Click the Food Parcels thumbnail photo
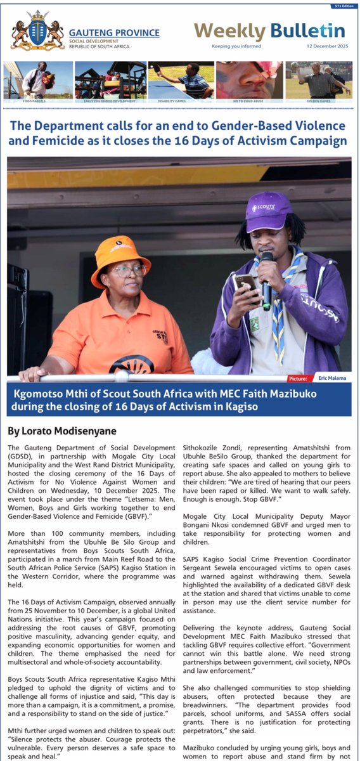tap(38, 79)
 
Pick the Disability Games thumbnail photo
tap(181, 79)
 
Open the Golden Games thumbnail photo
tap(319, 79)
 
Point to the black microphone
tap(267, 279)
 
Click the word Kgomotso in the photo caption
tap(42, 394)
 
